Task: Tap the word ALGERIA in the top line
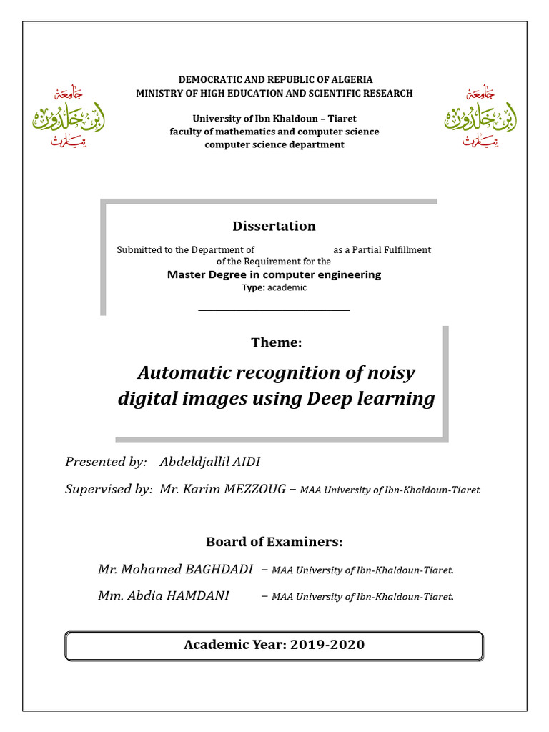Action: click(350, 80)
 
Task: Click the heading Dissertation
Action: click(274, 227)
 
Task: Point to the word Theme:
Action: click(276, 343)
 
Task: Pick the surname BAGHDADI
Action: click(219, 569)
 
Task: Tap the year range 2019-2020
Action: click(327, 645)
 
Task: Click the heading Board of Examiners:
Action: click(274, 542)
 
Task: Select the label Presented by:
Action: click(106, 462)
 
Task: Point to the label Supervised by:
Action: click(109, 489)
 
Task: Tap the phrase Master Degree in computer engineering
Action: click(274, 274)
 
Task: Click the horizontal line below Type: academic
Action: click(274, 310)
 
